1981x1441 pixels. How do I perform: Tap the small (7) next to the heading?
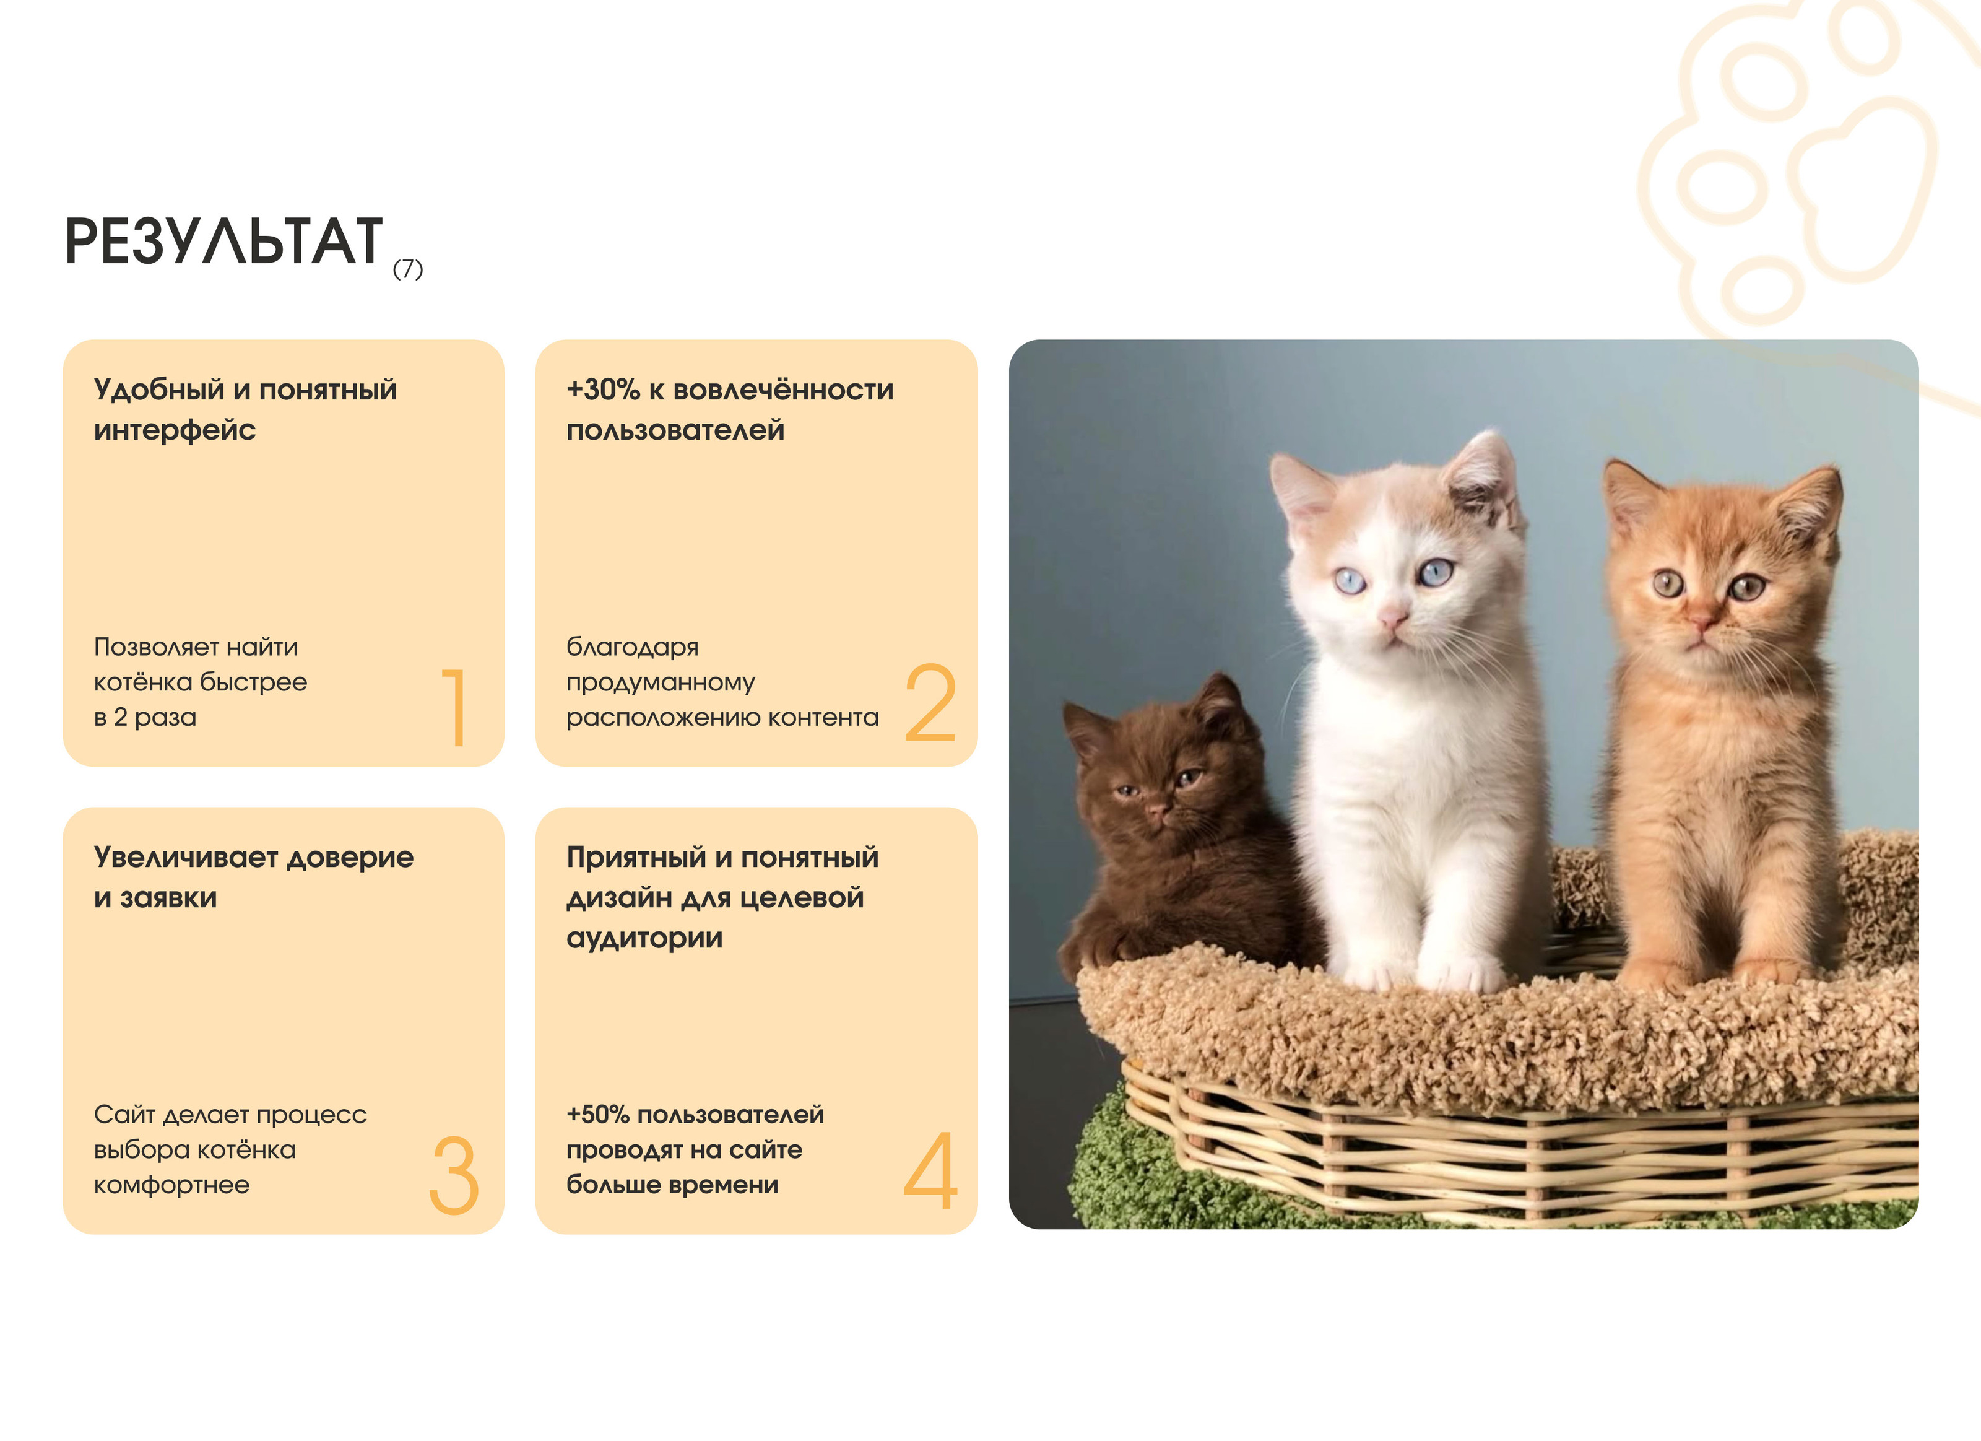pos(408,268)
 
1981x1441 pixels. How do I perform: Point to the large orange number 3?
pos(454,1175)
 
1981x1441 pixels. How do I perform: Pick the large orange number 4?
pos(930,1170)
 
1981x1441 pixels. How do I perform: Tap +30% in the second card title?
pos(604,390)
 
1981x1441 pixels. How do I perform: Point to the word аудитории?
pos(644,939)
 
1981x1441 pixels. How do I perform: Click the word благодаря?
pos(633,648)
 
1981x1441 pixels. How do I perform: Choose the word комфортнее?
pos(172,1186)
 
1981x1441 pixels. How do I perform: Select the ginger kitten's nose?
pos(1700,621)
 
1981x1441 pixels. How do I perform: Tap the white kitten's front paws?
pos(1421,970)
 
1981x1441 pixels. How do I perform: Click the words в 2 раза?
pos(145,718)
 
